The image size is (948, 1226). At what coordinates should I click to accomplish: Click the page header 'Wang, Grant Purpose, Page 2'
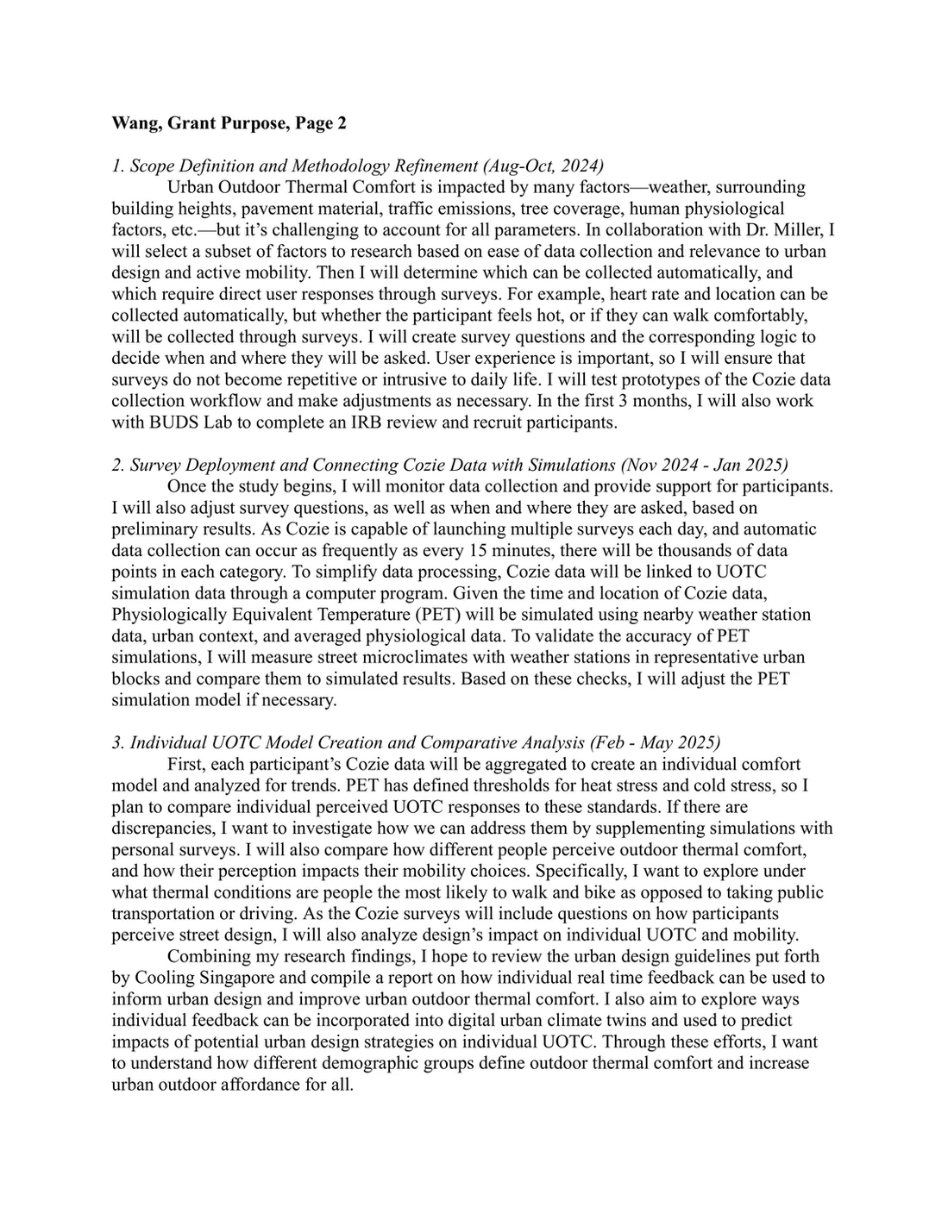click(229, 123)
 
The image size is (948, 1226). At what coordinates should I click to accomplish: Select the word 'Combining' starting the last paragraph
click(205, 956)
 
